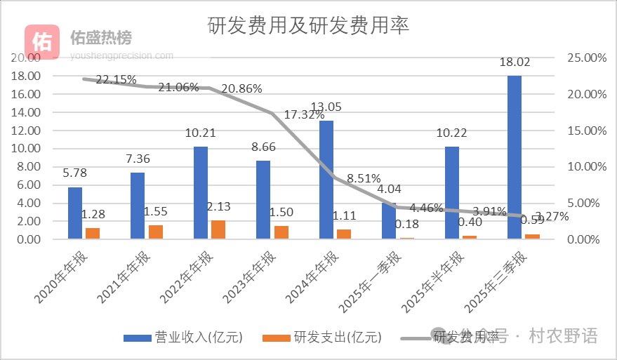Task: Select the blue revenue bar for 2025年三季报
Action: point(515,157)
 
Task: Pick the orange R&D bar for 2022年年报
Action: point(218,229)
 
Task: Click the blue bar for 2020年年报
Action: point(75,213)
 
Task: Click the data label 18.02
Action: point(515,62)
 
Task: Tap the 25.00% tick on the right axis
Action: point(585,58)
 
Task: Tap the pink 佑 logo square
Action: point(43,41)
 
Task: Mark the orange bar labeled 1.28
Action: point(93,233)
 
